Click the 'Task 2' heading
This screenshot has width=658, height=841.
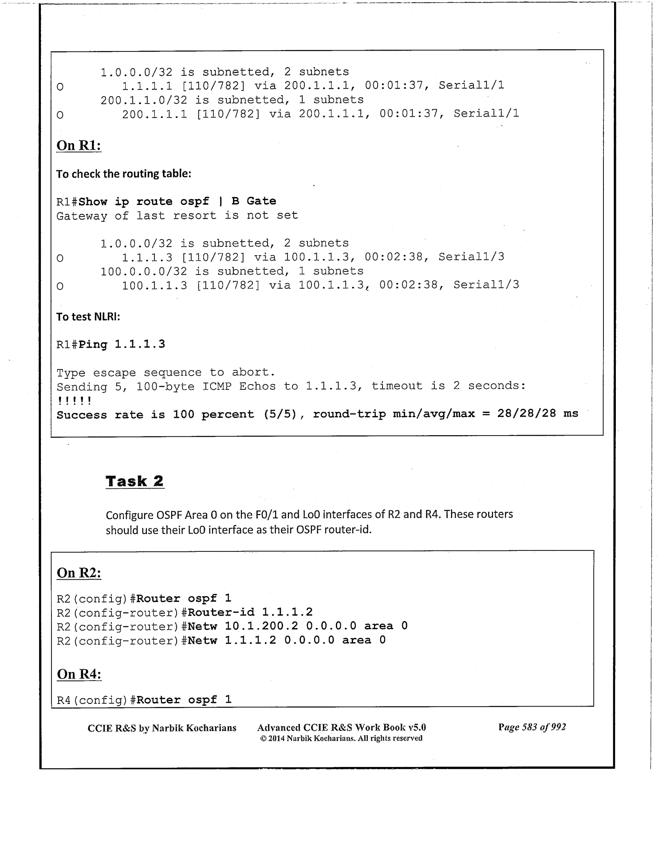pos(134,481)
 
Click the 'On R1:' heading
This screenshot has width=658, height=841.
pos(79,145)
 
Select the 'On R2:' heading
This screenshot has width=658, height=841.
pos(79,573)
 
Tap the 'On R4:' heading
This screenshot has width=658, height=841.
pos(79,674)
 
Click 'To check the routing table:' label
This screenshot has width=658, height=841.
pos(123,174)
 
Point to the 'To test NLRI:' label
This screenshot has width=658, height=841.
pos(88,317)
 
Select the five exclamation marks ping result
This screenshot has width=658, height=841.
pos(74,401)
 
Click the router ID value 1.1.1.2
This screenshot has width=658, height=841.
pos(287,612)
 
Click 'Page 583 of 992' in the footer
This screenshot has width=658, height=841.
pos(532,727)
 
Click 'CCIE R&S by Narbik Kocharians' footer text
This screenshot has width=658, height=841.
pos(162,728)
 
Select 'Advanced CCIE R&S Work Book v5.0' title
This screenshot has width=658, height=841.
pos(341,727)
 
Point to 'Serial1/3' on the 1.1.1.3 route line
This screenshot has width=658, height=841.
pos(471,257)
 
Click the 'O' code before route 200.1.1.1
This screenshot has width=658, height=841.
pos(60,115)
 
